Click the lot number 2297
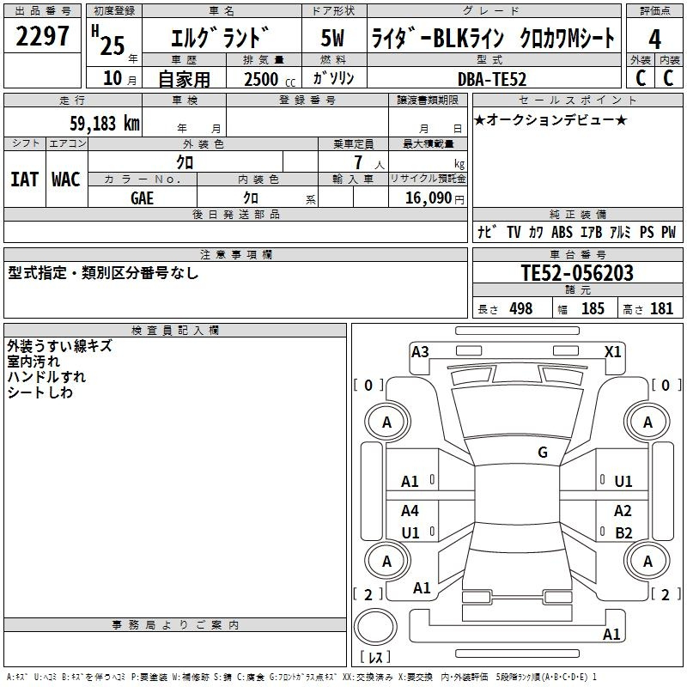42,36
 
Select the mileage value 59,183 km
105,123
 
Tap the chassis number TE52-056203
577,272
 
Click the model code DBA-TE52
492,79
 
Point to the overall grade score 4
654,39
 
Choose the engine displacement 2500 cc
270,79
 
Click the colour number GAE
143,198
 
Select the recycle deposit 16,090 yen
435,198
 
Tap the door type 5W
332,38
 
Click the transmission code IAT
25,179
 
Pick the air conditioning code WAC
66,179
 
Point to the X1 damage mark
612,352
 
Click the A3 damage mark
420,352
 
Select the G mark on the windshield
543,452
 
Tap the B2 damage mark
623,532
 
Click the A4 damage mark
410,510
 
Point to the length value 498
521,309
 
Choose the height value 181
661,309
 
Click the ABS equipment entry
562,232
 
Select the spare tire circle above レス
375,627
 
